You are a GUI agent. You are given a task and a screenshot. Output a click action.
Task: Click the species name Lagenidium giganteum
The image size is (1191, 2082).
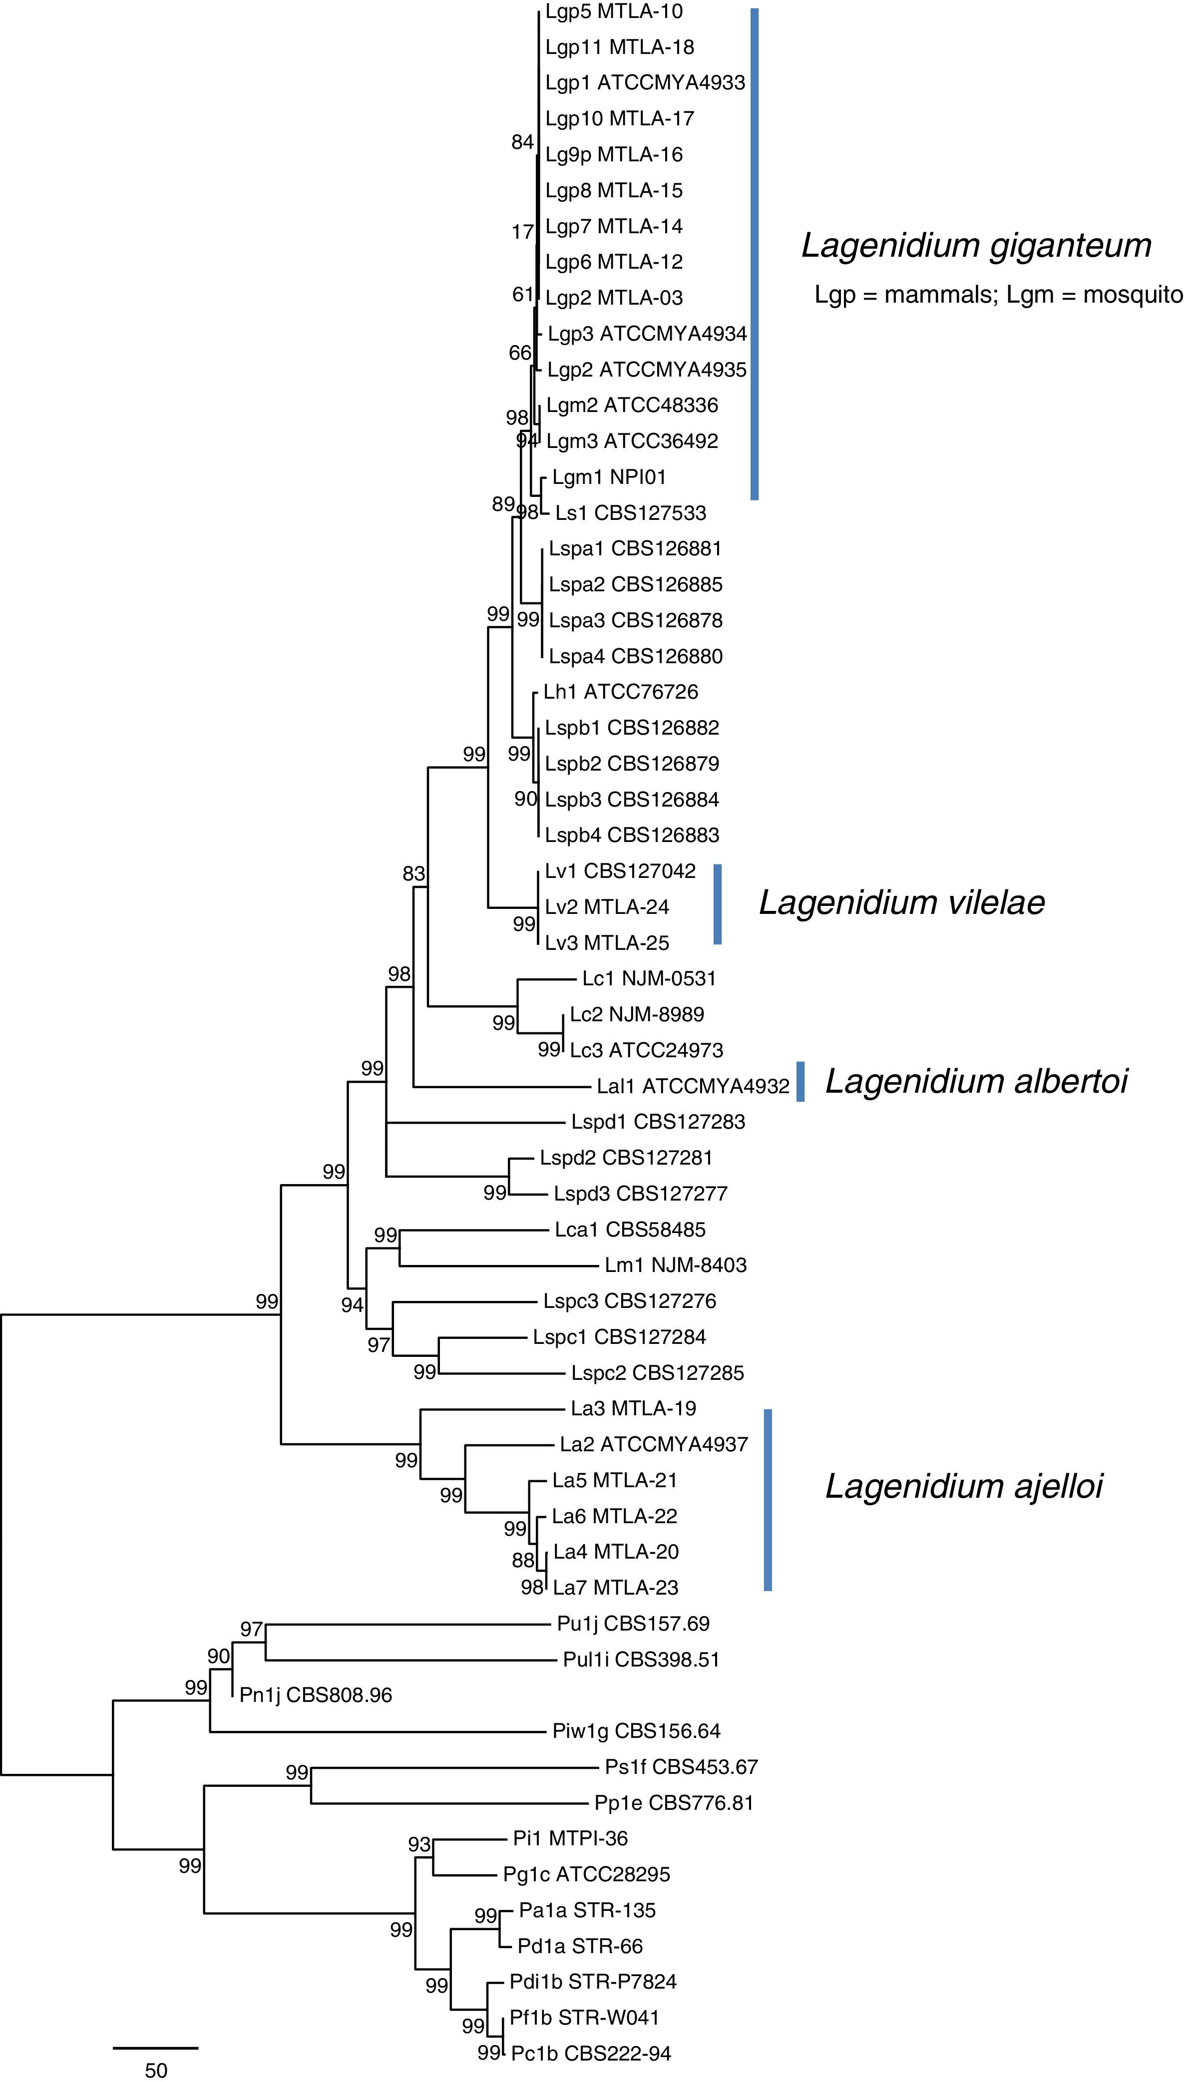976,245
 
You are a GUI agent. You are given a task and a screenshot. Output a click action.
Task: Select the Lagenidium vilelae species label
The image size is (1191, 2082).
901,903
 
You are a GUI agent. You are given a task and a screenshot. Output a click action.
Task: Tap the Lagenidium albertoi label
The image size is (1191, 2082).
976,1082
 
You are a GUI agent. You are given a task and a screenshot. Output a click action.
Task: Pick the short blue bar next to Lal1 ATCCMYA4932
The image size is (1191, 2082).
801,1082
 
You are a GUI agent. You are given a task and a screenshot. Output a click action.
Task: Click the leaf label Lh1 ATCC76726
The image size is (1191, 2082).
621,692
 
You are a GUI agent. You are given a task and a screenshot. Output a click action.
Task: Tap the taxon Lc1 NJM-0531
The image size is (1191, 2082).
649,978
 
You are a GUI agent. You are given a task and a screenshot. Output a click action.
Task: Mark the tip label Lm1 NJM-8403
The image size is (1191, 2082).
676,1265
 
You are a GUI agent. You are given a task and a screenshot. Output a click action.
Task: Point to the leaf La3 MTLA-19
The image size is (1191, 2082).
633,1409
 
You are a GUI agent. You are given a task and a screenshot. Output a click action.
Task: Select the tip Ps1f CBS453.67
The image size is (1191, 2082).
681,1767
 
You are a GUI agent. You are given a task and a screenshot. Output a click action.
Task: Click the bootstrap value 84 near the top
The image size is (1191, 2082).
522,142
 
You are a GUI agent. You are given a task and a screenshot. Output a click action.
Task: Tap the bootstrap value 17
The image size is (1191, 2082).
522,232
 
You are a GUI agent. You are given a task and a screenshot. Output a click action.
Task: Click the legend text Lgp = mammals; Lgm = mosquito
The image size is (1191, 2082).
998,295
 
